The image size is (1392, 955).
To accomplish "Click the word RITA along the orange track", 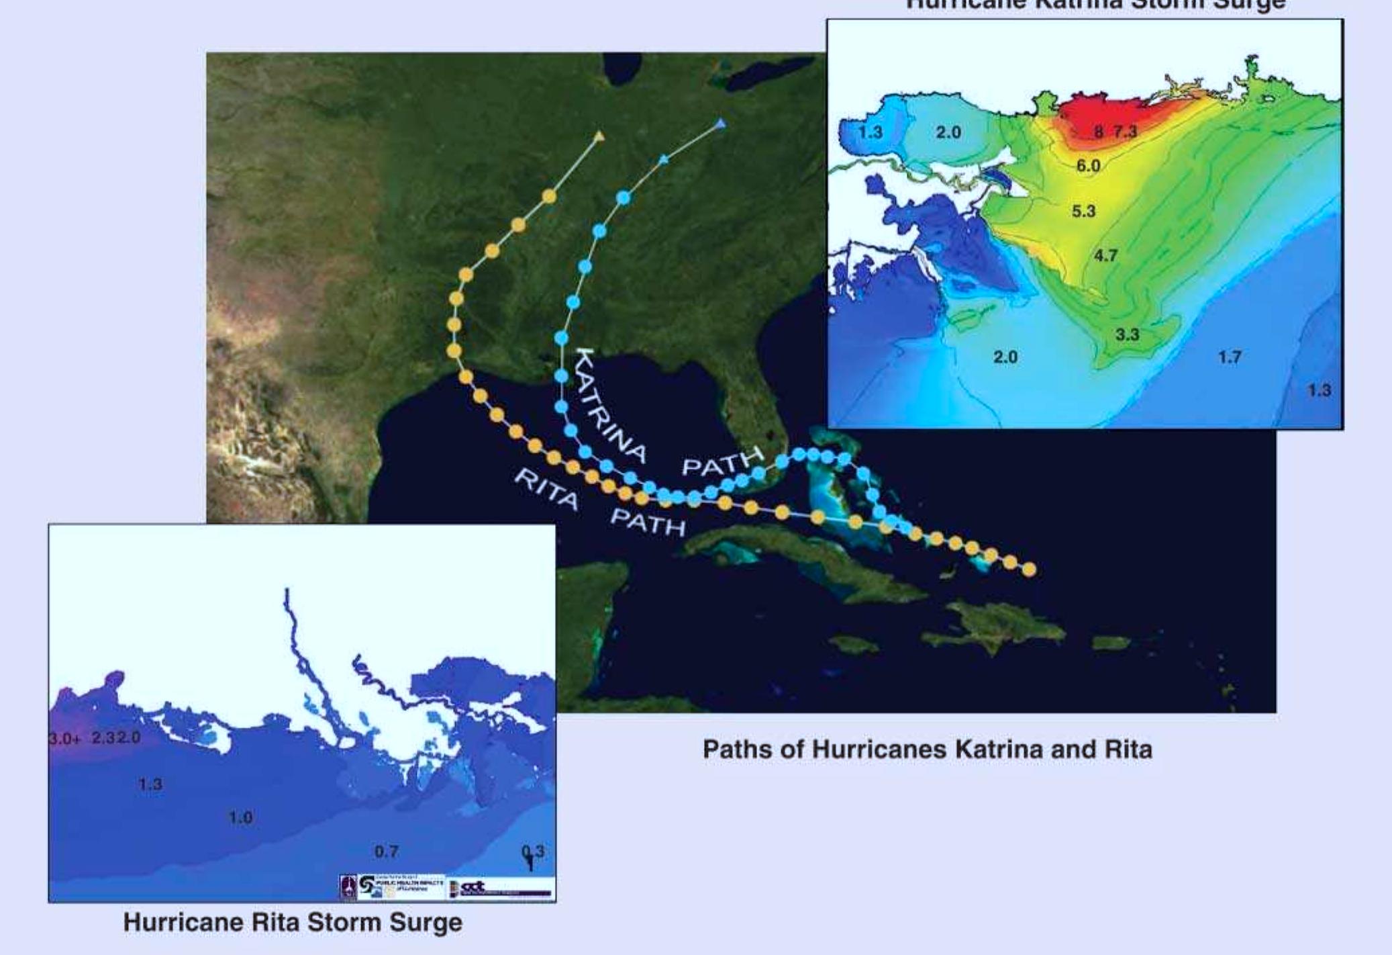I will point(546,488).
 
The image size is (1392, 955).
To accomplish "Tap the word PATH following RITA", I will point(648,522).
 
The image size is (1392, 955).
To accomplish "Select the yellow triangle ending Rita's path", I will point(599,137).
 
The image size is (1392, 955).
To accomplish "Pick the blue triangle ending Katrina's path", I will point(721,124).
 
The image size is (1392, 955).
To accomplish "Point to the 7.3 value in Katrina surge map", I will point(1126,131).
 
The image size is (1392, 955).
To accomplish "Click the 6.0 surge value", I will point(1088,165).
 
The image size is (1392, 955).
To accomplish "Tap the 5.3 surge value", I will point(1083,211).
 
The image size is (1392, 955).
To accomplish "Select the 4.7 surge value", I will point(1105,255).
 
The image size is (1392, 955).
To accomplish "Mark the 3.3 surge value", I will point(1127,334).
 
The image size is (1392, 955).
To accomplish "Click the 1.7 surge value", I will point(1230,357).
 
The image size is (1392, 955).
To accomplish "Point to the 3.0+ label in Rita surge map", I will point(65,739).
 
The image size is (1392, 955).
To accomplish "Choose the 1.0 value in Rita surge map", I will point(240,817).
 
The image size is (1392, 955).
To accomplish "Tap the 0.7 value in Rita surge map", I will point(386,852).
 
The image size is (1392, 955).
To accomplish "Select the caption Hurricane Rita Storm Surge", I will point(293,922).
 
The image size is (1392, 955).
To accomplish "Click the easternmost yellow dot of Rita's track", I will point(1028,570).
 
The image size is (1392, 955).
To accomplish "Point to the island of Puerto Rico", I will point(1111,643).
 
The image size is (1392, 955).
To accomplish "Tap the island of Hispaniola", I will point(993,625).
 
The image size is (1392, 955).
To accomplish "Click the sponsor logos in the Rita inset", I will point(446,886).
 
